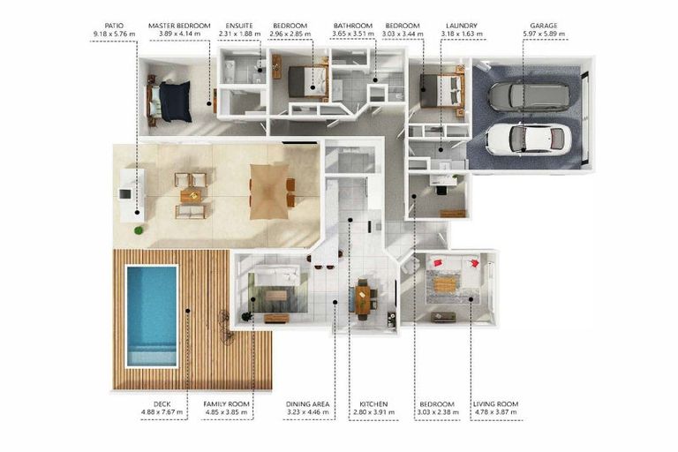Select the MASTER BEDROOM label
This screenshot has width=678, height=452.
click(x=179, y=26)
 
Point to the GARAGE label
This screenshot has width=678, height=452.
click(x=543, y=26)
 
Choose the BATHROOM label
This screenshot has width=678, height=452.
click(x=352, y=26)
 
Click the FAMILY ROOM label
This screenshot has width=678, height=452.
click(x=227, y=403)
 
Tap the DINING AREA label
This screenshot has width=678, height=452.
click(x=307, y=403)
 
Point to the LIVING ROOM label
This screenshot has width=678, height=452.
click(x=495, y=403)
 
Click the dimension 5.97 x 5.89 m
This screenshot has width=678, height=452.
click(x=543, y=34)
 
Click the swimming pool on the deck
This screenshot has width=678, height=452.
click(x=151, y=315)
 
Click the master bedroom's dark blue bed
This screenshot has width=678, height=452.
click(x=173, y=100)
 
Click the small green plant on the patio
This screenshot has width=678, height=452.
click(x=139, y=230)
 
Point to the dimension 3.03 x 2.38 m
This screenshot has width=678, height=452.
click(x=437, y=411)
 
